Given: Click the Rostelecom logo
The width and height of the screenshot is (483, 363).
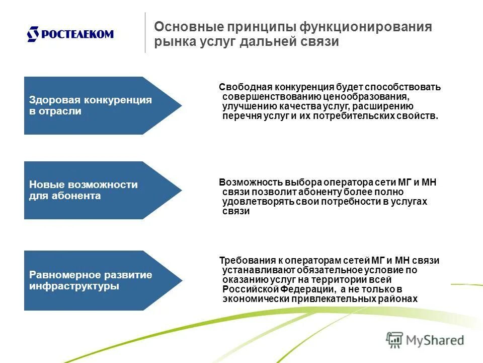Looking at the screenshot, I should click(x=70, y=34).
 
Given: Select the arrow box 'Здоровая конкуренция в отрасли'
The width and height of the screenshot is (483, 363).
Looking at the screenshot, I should click(x=96, y=105).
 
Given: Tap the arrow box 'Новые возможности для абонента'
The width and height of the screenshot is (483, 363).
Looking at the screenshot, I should click(x=96, y=190).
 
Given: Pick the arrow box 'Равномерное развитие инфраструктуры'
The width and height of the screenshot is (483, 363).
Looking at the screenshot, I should click(x=96, y=280).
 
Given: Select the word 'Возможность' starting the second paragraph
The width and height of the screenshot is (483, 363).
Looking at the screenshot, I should click(x=245, y=183).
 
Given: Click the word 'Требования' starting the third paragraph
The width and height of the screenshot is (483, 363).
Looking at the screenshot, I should click(x=243, y=261).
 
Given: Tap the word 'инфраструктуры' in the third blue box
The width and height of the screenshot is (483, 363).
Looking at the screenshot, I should click(x=74, y=286).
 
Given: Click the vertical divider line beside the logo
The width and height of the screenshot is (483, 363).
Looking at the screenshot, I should click(x=145, y=33).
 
